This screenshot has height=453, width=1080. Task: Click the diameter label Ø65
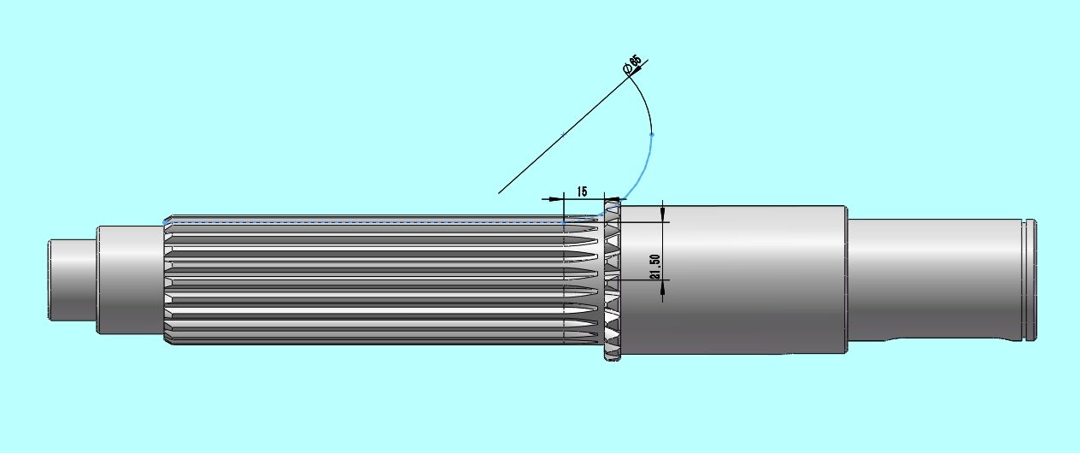[x=634, y=65]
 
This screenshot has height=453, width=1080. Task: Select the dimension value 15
[x=582, y=191]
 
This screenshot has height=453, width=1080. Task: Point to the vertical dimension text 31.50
[x=654, y=267]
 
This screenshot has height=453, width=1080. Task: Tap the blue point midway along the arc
[x=652, y=135]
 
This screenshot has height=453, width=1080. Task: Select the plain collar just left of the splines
[x=129, y=279]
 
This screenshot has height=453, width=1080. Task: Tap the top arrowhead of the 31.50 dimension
[x=663, y=215]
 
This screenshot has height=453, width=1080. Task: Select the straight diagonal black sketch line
[x=555, y=141]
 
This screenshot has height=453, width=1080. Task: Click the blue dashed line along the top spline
[x=359, y=222]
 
